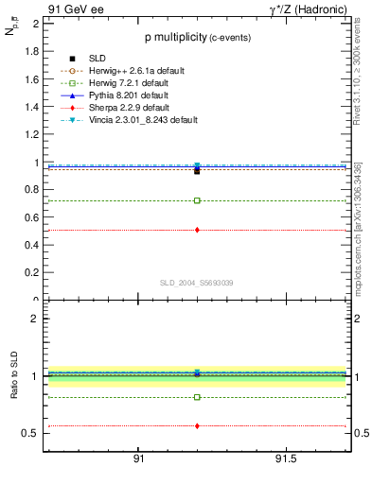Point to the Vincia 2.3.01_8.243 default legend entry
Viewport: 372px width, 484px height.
tap(146, 121)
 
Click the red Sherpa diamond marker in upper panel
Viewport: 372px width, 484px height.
tap(197, 230)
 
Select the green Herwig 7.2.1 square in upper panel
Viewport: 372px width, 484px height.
tap(197, 200)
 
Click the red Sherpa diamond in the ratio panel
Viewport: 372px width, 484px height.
tap(197, 426)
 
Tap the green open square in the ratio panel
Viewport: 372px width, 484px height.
tap(197, 397)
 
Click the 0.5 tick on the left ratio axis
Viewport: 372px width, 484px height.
tap(31, 433)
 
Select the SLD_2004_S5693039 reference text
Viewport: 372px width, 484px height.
tap(196, 283)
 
